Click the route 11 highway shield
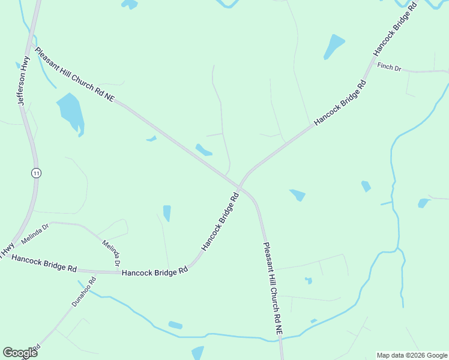pyautogui.click(x=37, y=173)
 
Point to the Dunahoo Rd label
pyautogui.click(x=84, y=292)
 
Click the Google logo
pyautogui.click(x=20, y=352)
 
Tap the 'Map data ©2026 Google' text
pyautogui.click(x=412, y=355)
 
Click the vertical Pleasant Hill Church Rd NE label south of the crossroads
pyautogui.click(x=272, y=288)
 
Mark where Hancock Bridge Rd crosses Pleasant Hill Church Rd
pyautogui.click(x=239, y=186)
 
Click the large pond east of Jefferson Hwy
pyautogui.click(x=70, y=112)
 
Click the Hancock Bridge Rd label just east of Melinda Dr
pyautogui.click(x=155, y=272)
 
